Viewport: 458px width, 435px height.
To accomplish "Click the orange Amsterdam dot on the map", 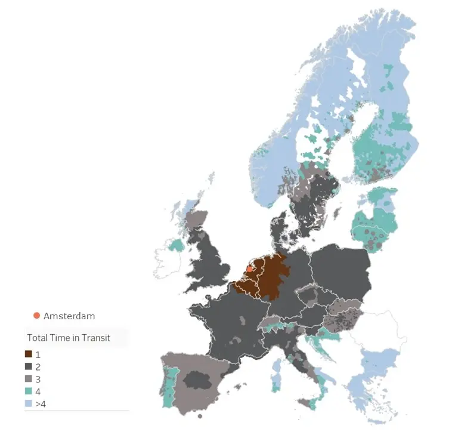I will [249, 269].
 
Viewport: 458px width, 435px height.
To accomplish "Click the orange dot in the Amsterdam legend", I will [36, 316].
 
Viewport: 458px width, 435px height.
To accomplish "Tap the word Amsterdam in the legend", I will [69, 316].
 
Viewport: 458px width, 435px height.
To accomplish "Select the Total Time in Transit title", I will [69, 338].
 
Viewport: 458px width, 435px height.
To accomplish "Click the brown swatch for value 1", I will [29, 354].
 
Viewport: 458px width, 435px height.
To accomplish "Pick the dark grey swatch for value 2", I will [29, 366].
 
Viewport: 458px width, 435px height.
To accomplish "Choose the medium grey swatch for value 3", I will [29, 379].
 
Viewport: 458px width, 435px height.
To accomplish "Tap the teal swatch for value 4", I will [29, 391].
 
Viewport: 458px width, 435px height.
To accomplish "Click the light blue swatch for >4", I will [29, 404].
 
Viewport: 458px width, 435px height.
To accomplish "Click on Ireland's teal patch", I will [176, 245].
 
